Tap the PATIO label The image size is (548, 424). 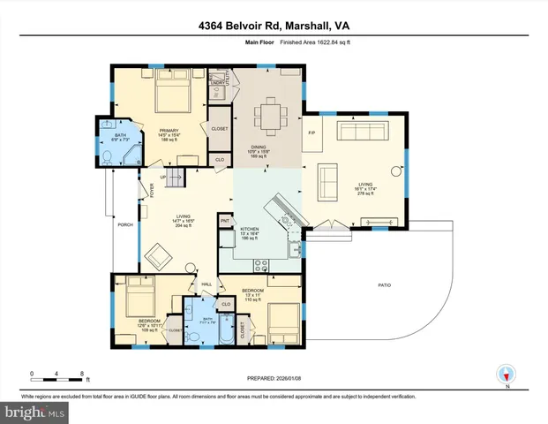tap(385, 285)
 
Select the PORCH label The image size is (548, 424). tap(124, 225)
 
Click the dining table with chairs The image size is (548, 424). tap(266, 115)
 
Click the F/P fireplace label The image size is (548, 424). tap(311, 133)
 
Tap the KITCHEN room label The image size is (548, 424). tap(250, 229)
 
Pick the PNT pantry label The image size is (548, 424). tap(226, 220)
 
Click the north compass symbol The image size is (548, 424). tap(506, 374)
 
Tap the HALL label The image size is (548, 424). tap(206, 284)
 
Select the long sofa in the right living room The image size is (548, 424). tap(360, 132)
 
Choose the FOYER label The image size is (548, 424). tap(151, 188)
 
